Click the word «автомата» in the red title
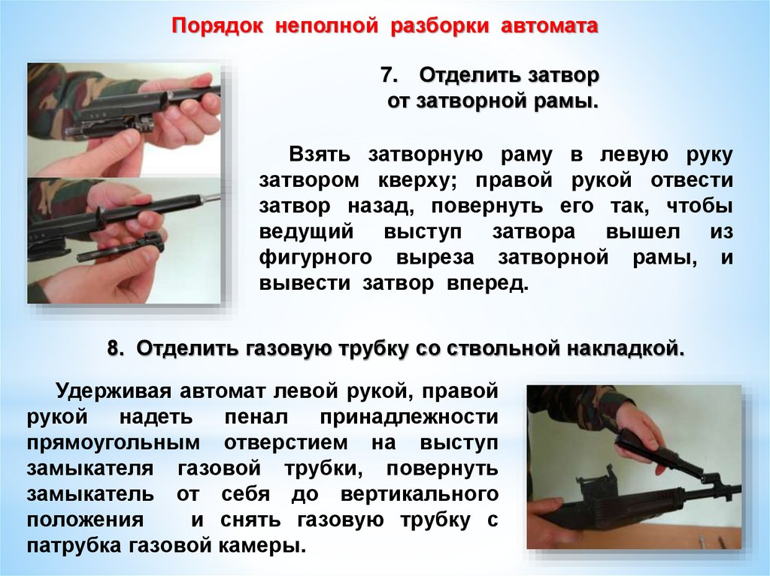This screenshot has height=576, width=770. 550,26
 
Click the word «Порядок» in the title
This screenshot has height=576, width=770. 217,26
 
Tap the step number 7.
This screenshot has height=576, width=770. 388,76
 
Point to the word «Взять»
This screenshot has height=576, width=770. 320,154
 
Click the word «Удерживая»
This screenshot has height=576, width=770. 114,392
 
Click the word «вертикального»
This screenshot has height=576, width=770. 420,494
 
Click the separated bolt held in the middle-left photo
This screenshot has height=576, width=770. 121,249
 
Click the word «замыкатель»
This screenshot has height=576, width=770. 90,494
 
